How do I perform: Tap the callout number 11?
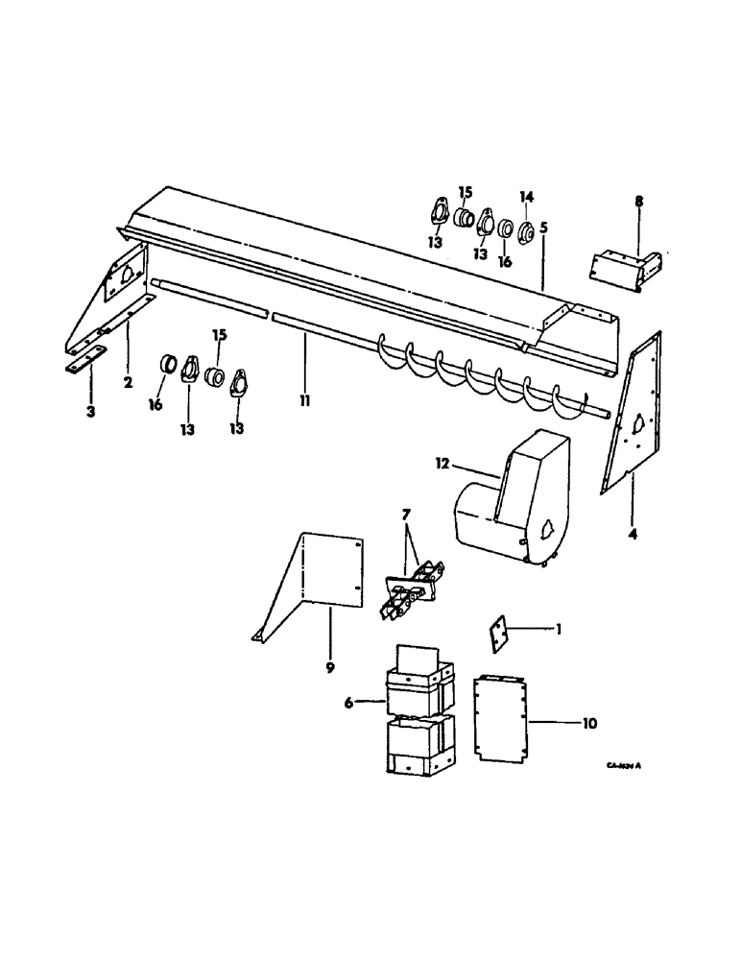pyautogui.click(x=304, y=396)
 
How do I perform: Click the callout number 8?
pyautogui.click(x=639, y=202)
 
